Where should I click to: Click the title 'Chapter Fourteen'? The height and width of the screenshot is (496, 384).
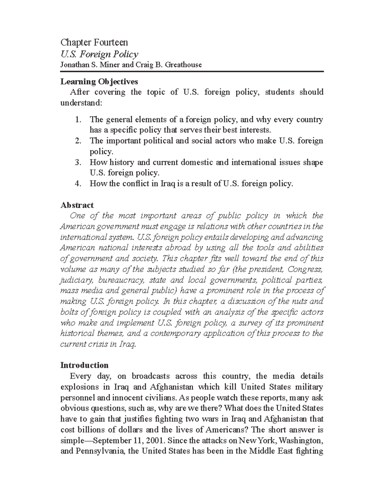(x=94, y=42)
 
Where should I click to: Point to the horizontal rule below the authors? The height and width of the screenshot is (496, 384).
(x=192, y=72)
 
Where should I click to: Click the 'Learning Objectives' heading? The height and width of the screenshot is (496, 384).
(x=99, y=82)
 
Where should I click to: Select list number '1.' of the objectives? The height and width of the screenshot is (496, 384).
(x=78, y=120)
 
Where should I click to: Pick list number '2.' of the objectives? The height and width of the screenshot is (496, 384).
(x=78, y=141)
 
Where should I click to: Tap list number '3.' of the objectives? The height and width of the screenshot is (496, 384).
(x=78, y=162)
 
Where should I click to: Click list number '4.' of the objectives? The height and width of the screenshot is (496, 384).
(x=78, y=184)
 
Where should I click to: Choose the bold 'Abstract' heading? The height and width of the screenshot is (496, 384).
(x=77, y=205)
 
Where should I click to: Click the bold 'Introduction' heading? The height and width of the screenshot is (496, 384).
(x=84, y=365)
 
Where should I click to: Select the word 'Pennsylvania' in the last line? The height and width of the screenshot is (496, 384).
(x=100, y=452)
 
